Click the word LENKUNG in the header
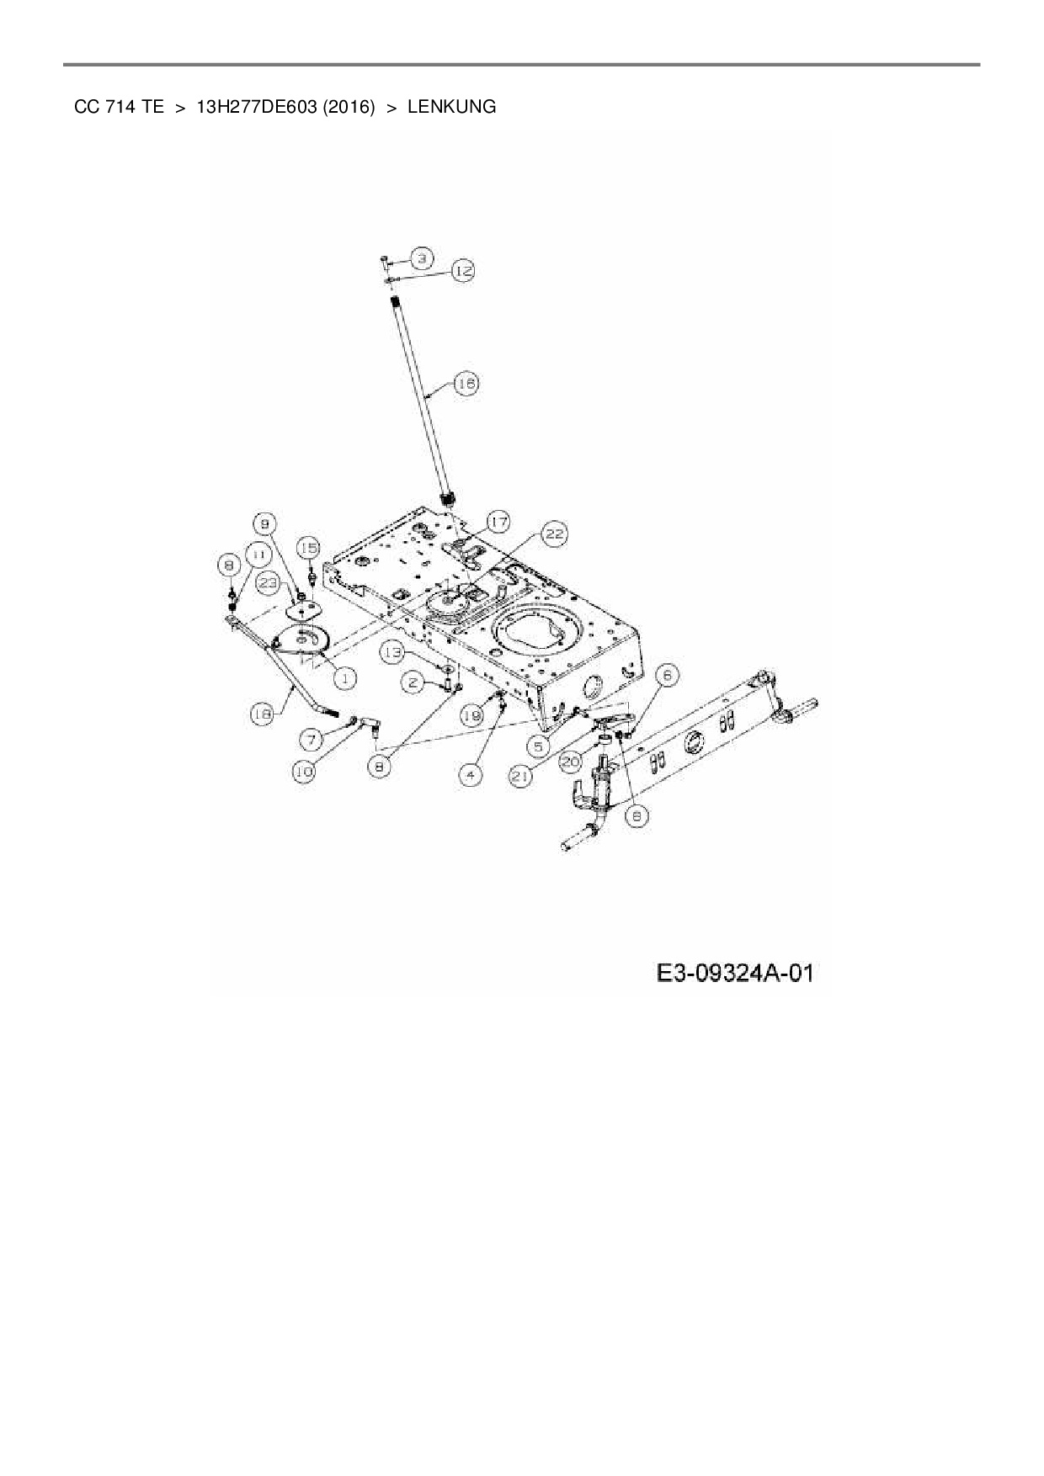451,107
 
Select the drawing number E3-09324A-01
735,974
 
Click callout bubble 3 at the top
422,256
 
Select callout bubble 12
462,270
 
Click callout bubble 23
268,582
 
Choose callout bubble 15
309,548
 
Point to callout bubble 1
344,677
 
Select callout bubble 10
305,770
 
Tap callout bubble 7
312,739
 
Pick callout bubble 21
521,777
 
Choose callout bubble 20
572,762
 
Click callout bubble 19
472,715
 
